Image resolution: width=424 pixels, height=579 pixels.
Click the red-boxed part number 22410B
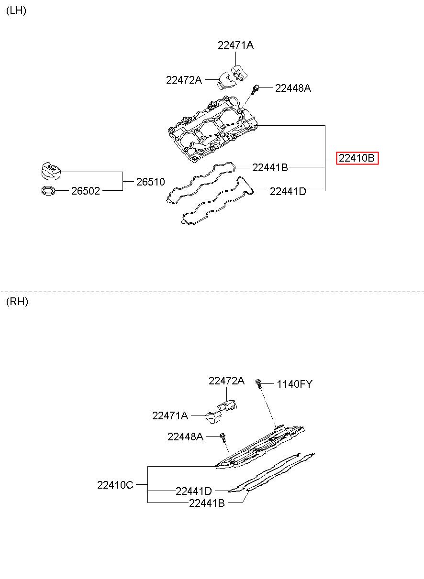[357, 158]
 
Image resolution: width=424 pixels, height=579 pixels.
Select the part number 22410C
[115, 485]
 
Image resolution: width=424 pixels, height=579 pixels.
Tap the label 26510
[150, 182]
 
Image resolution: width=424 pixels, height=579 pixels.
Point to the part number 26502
[86, 191]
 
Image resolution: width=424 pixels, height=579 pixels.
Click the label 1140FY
[294, 384]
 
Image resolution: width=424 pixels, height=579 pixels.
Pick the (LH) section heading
[16, 11]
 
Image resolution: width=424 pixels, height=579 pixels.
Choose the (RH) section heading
[17, 302]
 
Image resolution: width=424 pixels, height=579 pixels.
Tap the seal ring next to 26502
[48, 191]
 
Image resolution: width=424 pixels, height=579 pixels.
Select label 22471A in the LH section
[235, 45]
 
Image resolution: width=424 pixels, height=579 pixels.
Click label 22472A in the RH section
[226, 381]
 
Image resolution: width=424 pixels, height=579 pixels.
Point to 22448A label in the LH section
[293, 88]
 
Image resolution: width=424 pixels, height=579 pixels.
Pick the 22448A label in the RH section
[185, 436]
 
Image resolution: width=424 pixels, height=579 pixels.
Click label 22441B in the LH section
[270, 167]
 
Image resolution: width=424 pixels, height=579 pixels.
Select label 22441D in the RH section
[193, 491]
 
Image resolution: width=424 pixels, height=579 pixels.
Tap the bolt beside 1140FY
[259, 382]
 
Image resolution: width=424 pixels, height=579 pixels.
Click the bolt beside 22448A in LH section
[256, 88]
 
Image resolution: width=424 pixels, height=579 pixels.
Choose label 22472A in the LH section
[184, 80]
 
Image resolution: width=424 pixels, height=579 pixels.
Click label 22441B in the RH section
[207, 503]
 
